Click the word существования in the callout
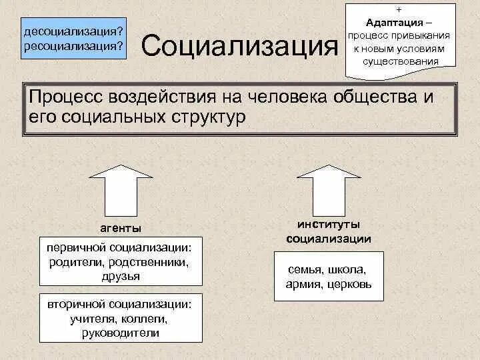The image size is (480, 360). coord(401,61)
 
